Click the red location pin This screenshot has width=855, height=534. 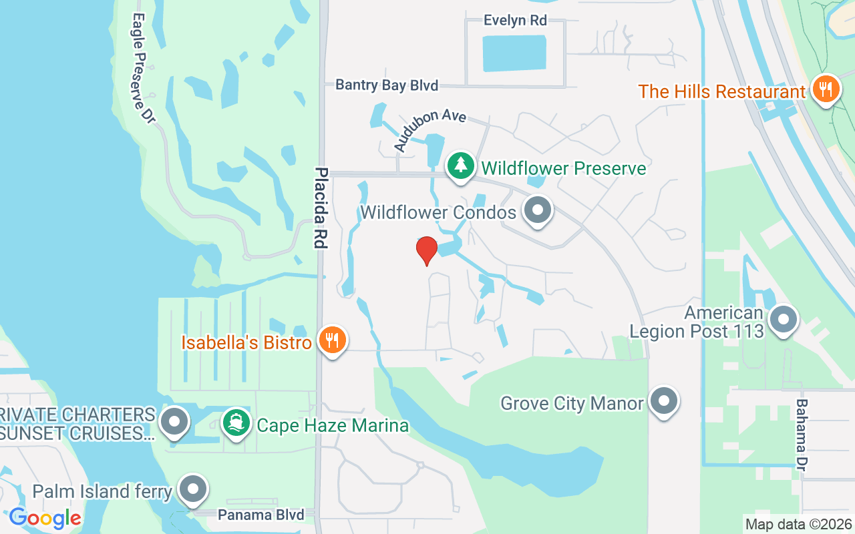coord(427,250)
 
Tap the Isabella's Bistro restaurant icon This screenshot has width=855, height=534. coord(332,340)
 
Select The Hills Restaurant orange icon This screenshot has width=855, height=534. coord(826,89)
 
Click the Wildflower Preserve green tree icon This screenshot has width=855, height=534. coord(460,166)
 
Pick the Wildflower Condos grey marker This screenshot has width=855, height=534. coord(538,210)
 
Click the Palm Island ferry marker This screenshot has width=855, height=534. coord(193,490)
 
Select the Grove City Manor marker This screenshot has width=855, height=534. coord(663,402)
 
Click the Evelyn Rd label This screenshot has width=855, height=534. coord(515,21)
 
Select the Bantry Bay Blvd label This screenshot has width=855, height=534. coord(387,85)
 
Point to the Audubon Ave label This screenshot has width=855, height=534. coord(429,129)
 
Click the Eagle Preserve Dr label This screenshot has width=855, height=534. coord(144,67)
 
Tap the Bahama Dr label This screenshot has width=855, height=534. coord(802,433)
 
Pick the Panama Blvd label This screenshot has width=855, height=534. coord(261,515)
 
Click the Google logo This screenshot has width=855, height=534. coord(45,518)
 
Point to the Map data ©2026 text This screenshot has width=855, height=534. coord(798,524)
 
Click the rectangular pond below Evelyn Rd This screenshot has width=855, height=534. coord(514,53)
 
